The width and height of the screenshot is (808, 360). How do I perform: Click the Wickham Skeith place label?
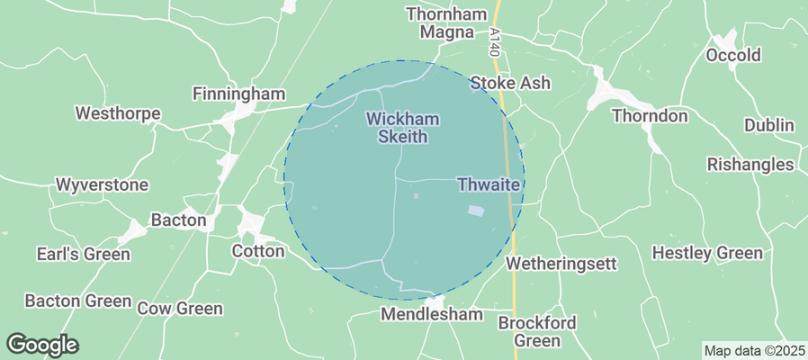pyautogui.click(x=397, y=128)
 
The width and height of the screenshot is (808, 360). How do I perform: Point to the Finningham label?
pyautogui.click(x=238, y=94)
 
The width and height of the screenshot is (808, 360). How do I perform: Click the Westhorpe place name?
pyautogui.click(x=118, y=114)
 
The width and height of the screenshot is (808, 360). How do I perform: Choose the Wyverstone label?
pyautogui.click(x=101, y=184)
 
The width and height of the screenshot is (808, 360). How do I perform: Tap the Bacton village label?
pyautogui.click(x=179, y=220)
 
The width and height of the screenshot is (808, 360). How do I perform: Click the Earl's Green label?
pyautogui.click(x=84, y=254)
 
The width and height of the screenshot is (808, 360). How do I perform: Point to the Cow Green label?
pyautogui.click(x=180, y=309)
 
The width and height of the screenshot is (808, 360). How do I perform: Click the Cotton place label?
pyautogui.click(x=258, y=251)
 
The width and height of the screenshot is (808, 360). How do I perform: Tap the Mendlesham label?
pyautogui.click(x=432, y=315)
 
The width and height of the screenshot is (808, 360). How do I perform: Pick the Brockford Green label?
pyautogui.click(x=537, y=331)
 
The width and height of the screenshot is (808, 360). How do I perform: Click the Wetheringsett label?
pyautogui.click(x=561, y=265)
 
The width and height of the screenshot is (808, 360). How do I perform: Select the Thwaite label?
pyautogui.click(x=489, y=184)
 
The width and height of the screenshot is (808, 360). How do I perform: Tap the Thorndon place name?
pyautogui.click(x=650, y=116)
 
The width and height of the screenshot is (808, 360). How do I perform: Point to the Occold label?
pyautogui.click(x=733, y=56)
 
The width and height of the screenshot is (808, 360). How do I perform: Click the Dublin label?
pyautogui.click(x=769, y=125)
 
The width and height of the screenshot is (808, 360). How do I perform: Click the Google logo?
pyautogui.click(x=42, y=345)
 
